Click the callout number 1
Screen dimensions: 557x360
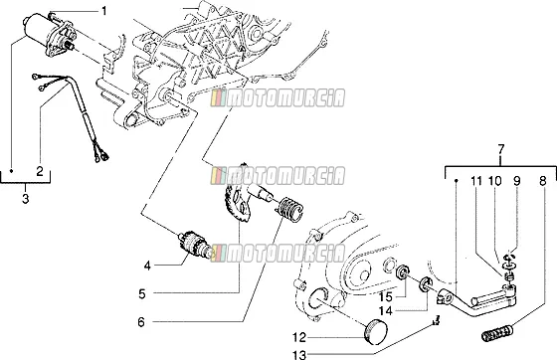(103, 11)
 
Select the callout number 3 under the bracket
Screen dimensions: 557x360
(25, 199)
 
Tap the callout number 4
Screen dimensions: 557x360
(148, 266)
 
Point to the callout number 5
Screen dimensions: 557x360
(142, 294)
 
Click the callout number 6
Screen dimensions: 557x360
(141, 322)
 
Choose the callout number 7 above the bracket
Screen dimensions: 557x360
(500, 149)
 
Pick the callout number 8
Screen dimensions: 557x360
(542, 181)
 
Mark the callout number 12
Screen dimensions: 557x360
(300, 337)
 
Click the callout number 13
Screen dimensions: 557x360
(300, 354)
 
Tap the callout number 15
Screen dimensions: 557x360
(386, 296)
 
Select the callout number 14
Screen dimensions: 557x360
(386, 311)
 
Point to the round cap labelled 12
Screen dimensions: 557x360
(377, 331)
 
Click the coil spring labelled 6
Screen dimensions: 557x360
(289, 210)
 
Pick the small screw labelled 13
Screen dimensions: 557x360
(437, 320)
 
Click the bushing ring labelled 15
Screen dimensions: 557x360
(403, 272)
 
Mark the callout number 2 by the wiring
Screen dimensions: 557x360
(40, 171)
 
